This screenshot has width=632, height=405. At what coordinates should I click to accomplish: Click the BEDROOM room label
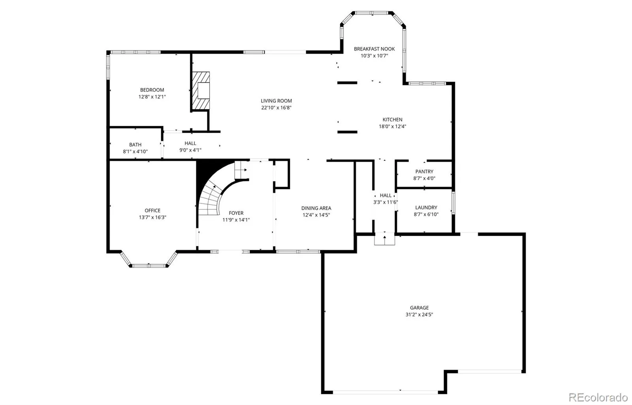pyautogui.click(x=152, y=90)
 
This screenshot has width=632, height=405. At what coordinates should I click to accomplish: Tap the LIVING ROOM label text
pyautogui.click(x=276, y=101)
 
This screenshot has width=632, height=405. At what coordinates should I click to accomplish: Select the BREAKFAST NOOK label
pyautogui.click(x=374, y=49)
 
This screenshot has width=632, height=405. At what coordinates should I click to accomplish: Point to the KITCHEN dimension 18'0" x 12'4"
pyautogui.click(x=393, y=126)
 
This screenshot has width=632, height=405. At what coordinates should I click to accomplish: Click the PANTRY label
pyautogui.click(x=424, y=171)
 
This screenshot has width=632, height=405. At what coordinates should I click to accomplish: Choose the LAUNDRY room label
pyautogui.click(x=426, y=207)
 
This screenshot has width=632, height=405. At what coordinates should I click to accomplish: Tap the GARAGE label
pyautogui.click(x=419, y=308)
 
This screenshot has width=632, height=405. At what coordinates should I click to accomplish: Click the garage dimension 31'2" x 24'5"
pyautogui.click(x=419, y=315)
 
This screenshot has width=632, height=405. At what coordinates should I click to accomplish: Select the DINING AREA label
pyautogui.click(x=316, y=208)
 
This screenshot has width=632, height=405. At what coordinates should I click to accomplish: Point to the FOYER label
pyautogui.click(x=236, y=213)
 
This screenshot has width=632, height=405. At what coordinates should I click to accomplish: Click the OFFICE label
pyautogui.click(x=152, y=211)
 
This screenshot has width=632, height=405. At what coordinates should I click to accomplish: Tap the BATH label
pyautogui.click(x=135, y=145)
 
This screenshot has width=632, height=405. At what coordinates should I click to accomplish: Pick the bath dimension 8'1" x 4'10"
pyautogui.click(x=135, y=152)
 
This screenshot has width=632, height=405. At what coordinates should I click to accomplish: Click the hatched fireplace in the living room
pyautogui.click(x=201, y=90)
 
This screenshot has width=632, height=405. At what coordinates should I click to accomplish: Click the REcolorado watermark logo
pyautogui.click(x=598, y=397)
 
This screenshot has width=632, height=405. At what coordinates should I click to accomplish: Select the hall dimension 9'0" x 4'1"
pyautogui.click(x=190, y=150)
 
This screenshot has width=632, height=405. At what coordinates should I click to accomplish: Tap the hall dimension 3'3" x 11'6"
pyautogui.click(x=386, y=202)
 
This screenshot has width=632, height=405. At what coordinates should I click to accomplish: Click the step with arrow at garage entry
pyautogui.click(x=385, y=239)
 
